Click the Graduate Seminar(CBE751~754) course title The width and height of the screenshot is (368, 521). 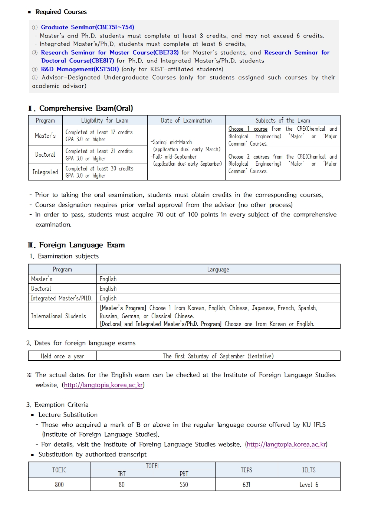pyautogui.click(x=88, y=27)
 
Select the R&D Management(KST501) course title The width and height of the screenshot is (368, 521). pyautogui.click(x=80, y=69)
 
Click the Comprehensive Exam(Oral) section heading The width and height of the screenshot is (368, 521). pyautogui.click(x=86, y=108)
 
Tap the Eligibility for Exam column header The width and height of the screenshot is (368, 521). pyautogui.click(x=105, y=120)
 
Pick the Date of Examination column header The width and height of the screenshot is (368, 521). pyautogui.click(x=186, y=120)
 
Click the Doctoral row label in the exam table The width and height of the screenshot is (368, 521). pyautogui.click(x=45, y=154)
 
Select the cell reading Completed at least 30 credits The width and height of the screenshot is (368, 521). pyautogui.click(x=99, y=169)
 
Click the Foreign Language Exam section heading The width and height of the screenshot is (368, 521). pyautogui.click(x=82, y=245)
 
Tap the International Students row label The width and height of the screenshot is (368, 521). pyautogui.click(x=59, y=316)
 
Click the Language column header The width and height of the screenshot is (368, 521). pyautogui.click(x=218, y=269)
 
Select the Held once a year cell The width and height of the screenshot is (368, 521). pyautogui.click(x=62, y=356)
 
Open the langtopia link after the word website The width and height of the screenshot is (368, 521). pyautogui.click(x=103, y=385)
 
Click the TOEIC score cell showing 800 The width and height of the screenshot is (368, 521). pyautogui.click(x=59, y=485)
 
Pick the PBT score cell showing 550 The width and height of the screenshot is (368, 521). pyautogui.click(x=184, y=485)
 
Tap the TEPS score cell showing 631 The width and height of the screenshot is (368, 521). pyautogui.click(x=246, y=485)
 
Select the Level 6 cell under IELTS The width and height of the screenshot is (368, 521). pyautogui.click(x=309, y=485)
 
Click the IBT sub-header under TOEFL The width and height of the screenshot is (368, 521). pyautogui.click(x=122, y=474)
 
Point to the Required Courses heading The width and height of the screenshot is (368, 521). pyautogui.click(x=61, y=12)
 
